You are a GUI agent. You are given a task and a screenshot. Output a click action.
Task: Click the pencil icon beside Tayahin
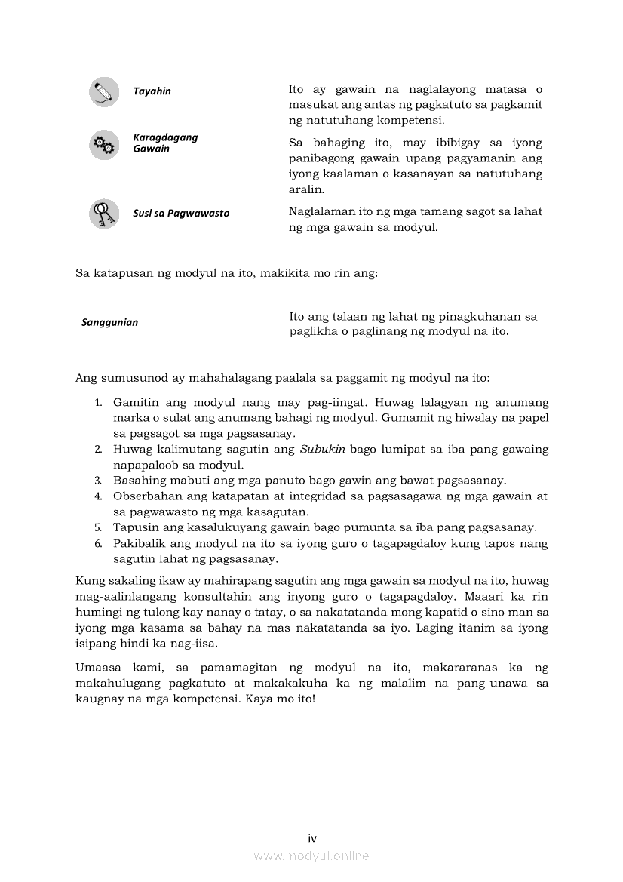(x=103, y=92)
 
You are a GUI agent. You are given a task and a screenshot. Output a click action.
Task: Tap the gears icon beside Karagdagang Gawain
(x=103, y=144)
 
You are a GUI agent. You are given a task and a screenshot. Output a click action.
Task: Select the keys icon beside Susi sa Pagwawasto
(x=103, y=214)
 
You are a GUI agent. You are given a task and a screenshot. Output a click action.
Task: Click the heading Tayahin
(x=152, y=91)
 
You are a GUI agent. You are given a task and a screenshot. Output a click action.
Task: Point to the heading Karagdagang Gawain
(x=165, y=143)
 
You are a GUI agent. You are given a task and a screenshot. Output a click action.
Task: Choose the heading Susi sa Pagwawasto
(x=181, y=214)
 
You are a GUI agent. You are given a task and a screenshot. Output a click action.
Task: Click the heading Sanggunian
(x=109, y=323)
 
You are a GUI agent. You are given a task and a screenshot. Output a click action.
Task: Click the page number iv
(x=311, y=838)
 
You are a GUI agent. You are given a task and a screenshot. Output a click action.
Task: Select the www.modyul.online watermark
(x=311, y=856)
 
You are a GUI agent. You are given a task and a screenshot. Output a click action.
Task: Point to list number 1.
(x=98, y=403)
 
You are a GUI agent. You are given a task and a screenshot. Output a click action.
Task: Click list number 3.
(x=98, y=481)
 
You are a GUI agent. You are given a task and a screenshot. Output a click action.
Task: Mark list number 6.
(x=98, y=544)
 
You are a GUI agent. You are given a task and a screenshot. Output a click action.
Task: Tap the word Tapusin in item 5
(x=133, y=527)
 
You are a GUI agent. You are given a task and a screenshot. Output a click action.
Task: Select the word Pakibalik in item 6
(x=137, y=543)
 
